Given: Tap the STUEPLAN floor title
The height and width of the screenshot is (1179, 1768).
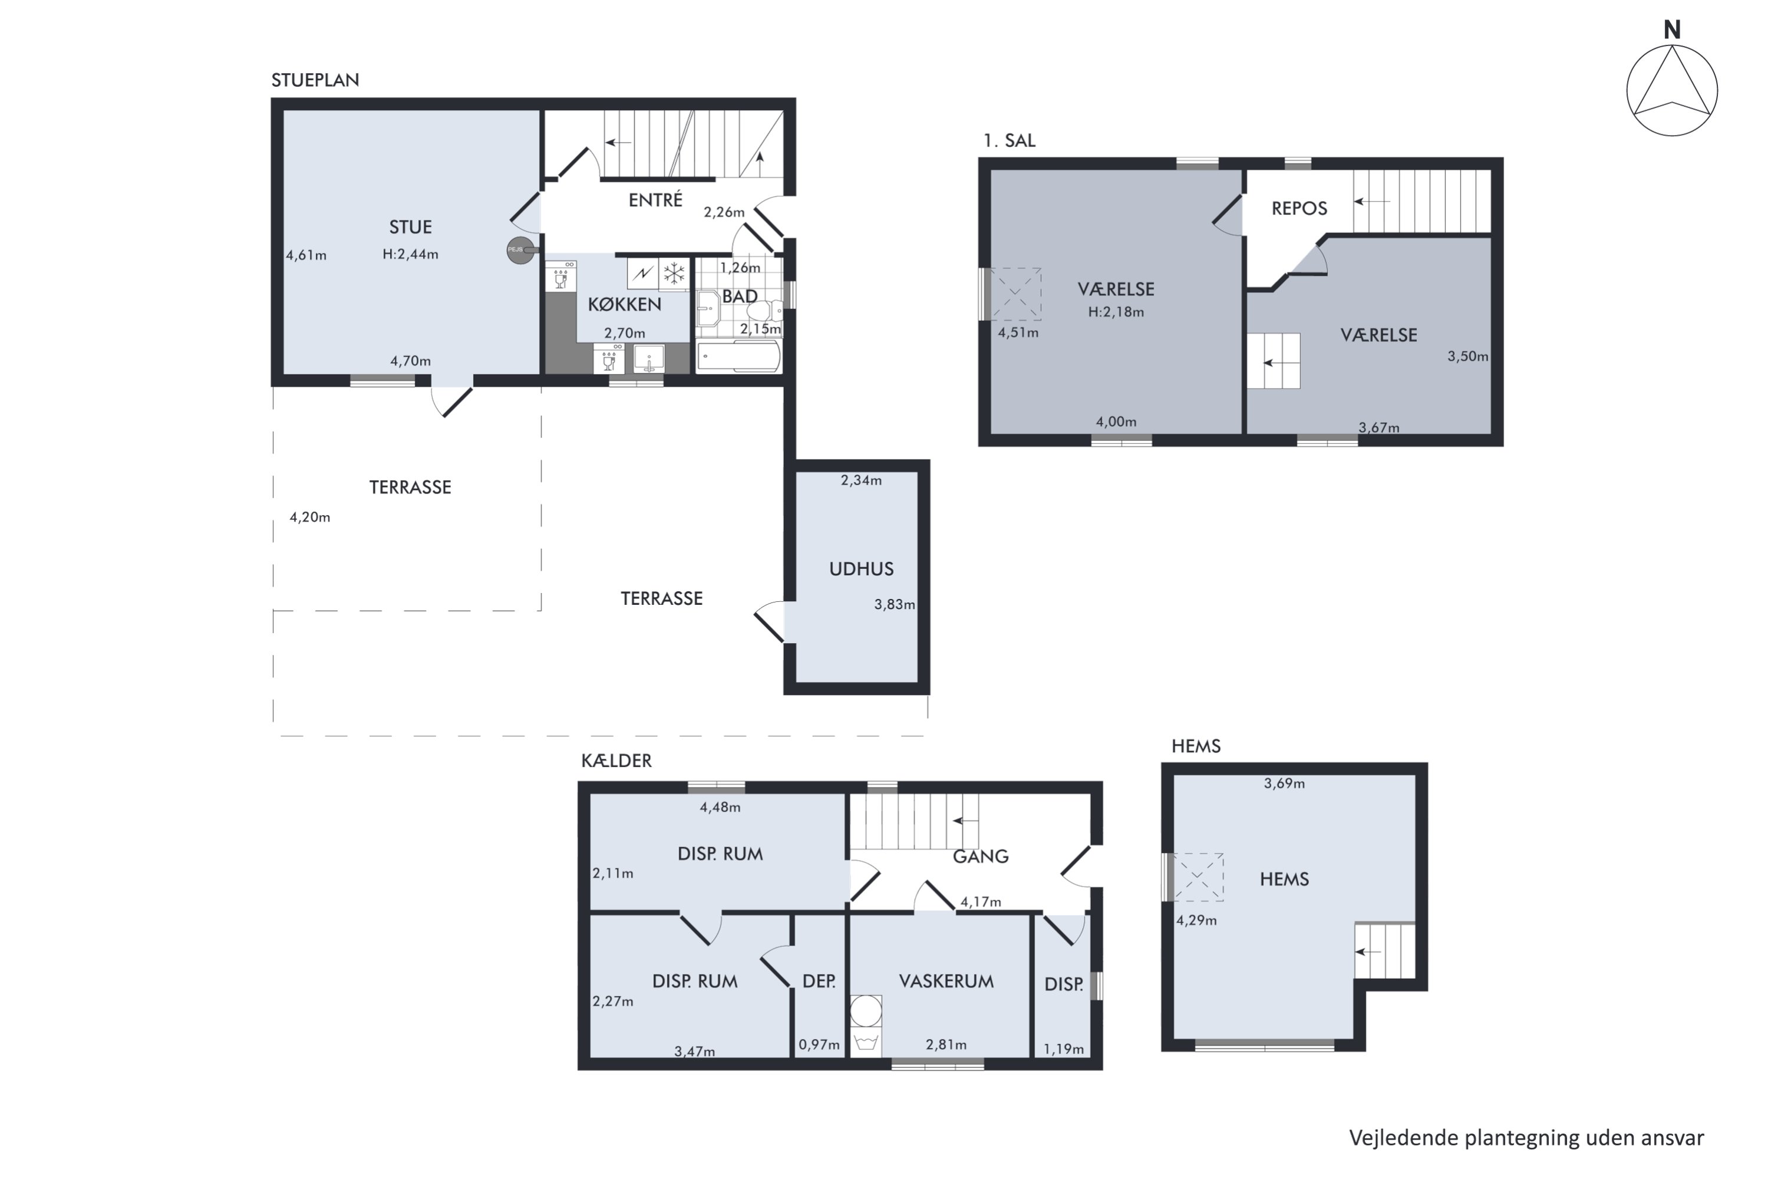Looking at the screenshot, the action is point(315,80).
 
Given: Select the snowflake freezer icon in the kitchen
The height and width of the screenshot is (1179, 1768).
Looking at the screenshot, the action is point(674,274).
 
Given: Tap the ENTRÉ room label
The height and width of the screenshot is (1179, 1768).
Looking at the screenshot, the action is point(655,200).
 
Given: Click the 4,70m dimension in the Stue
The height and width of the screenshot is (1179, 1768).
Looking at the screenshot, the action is point(410,361).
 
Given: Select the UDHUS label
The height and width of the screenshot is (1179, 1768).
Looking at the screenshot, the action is point(862,569).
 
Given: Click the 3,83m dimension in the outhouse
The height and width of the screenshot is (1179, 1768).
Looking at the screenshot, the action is point(895,605).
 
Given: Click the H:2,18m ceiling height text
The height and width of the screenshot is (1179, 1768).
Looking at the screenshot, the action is point(1116,312).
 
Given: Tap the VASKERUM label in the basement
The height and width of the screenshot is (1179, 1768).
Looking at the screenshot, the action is point(946,982).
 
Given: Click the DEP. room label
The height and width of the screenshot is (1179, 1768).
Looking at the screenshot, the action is point(819,982).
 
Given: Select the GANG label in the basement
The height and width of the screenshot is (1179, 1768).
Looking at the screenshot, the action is point(980,857).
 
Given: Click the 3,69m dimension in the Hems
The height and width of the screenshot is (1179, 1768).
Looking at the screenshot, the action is point(1284,783).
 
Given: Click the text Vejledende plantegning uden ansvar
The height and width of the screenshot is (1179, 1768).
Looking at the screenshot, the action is point(1526,1138).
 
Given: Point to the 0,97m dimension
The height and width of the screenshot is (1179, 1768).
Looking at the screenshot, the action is point(819,1045).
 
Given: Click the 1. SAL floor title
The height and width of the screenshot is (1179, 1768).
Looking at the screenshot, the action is point(1009,141).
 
